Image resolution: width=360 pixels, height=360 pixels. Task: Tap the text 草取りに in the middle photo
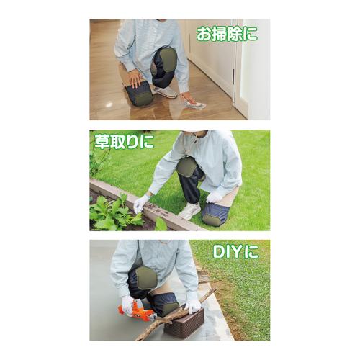(124, 142)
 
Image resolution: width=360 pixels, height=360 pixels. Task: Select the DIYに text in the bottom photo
(236, 251)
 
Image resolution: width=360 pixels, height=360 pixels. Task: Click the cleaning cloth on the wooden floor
(195, 104)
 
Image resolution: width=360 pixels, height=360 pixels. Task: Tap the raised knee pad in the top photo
(168, 59)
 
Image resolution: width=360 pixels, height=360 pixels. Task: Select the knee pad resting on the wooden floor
(139, 93)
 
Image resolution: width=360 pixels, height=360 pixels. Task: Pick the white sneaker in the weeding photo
(189, 211)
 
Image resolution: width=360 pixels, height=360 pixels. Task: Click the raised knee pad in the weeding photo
(186, 167)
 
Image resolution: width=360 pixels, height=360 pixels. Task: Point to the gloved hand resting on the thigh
(215, 197)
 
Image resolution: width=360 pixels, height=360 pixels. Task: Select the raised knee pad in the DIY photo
(146, 279)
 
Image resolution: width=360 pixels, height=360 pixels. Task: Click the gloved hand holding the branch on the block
(192, 305)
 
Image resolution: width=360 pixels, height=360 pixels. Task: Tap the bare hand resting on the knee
(135, 77)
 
